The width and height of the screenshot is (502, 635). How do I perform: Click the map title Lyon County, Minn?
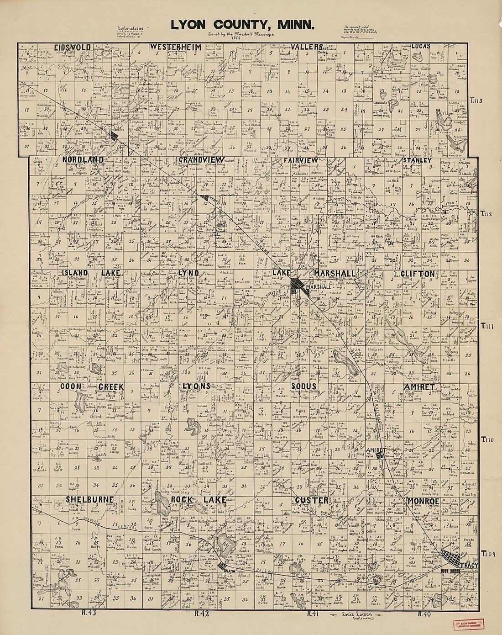click(x=242, y=25)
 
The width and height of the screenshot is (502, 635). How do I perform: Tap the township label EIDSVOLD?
click(x=72, y=47)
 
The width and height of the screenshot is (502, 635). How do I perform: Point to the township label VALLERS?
click(x=308, y=47)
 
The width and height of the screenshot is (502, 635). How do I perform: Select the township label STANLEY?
click(x=417, y=160)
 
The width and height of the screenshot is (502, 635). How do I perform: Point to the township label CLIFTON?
click(x=418, y=273)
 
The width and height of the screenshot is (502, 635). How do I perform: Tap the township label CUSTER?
click(x=311, y=501)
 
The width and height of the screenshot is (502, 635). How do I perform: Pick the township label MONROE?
click(x=423, y=501)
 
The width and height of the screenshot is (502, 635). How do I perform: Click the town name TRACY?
click(x=469, y=566)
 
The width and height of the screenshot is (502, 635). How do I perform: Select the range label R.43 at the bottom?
click(x=87, y=613)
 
